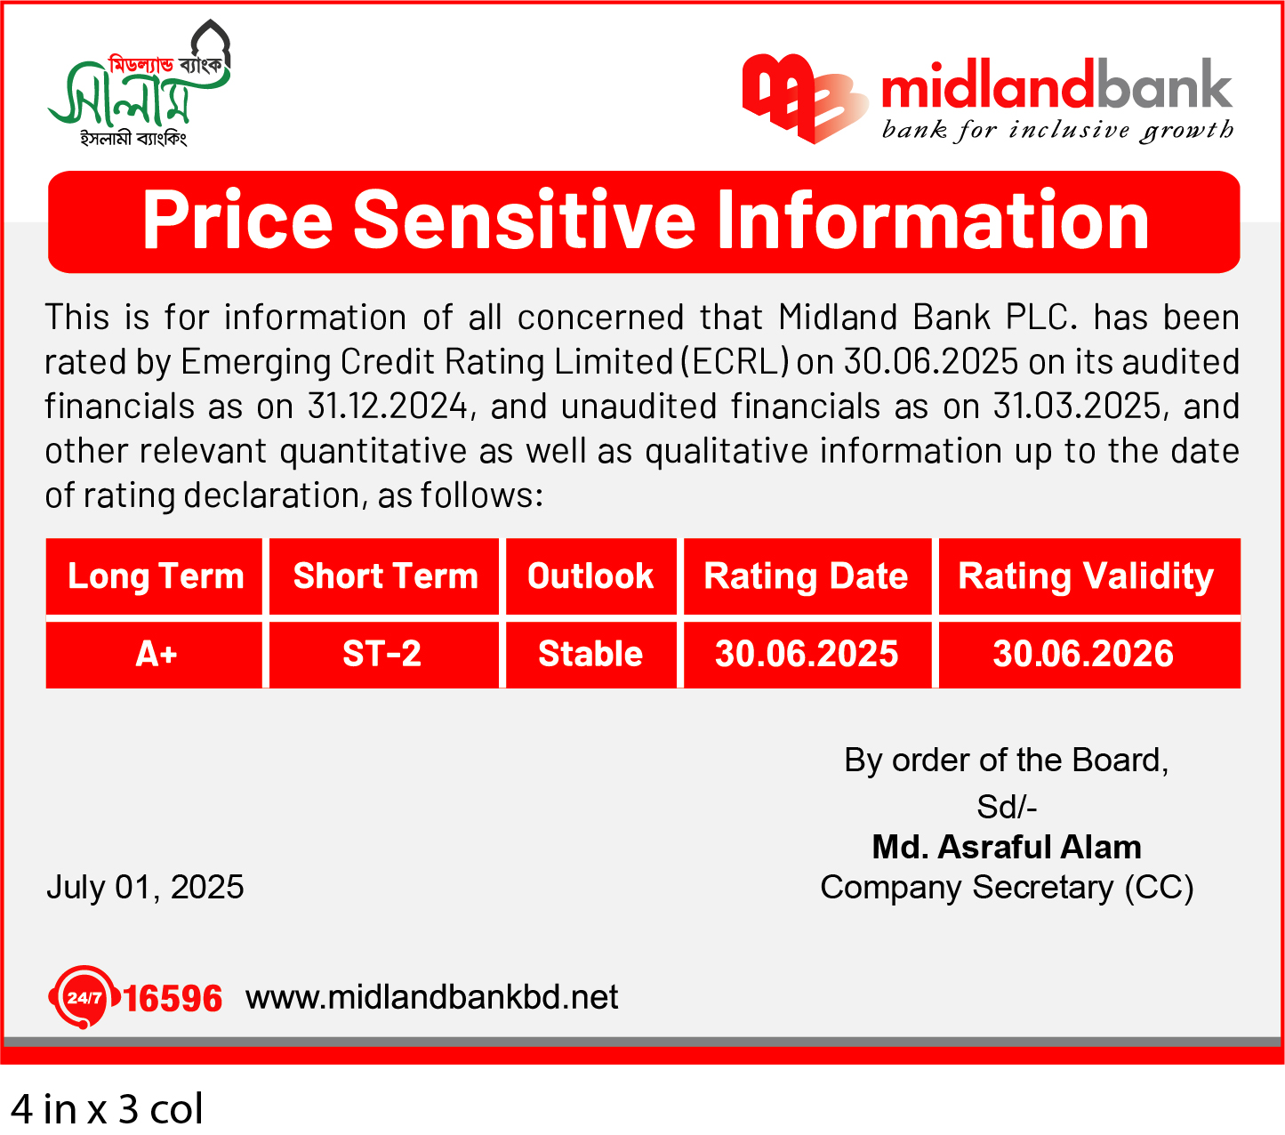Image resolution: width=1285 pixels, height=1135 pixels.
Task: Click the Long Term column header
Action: point(156,576)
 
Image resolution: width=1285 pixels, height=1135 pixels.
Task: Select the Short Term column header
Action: point(385,576)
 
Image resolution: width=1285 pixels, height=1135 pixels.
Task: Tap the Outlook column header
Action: point(590,576)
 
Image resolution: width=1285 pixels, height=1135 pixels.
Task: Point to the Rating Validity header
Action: point(1085,576)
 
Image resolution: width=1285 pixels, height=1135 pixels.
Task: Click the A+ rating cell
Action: point(156,654)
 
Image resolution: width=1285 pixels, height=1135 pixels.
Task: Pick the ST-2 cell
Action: point(381,654)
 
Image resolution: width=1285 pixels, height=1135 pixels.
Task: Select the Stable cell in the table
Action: point(590,654)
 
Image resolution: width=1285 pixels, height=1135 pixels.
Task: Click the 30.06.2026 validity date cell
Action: point(1083,654)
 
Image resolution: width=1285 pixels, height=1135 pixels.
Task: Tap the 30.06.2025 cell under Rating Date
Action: point(807,654)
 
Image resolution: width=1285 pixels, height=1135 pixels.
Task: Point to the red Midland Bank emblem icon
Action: point(805,99)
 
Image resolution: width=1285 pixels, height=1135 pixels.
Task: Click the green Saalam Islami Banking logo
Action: point(139,83)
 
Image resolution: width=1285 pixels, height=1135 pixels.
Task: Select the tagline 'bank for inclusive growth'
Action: point(1057,130)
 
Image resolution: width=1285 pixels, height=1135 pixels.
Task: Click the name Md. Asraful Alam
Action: point(1007,847)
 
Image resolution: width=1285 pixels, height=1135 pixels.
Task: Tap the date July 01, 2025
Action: point(145,887)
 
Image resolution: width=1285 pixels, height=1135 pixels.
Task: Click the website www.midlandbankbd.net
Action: point(432,997)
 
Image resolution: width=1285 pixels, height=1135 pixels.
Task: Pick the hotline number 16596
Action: point(173,999)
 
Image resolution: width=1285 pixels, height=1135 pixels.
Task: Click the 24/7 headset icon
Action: point(84,997)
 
